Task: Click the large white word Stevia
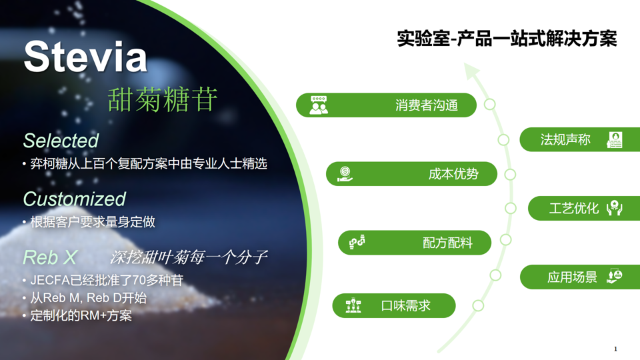pyautogui.click(x=85, y=57)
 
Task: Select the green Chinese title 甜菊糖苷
pyautogui.click(x=163, y=99)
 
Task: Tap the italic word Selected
pyautogui.click(x=61, y=141)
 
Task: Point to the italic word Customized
pyautogui.click(x=74, y=199)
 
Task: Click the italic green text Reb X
pyautogui.click(x=49, y=257)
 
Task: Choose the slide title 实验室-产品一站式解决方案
pyautogui.click(x=507, y=39)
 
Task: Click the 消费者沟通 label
pyautogui.click(x=426, y=105)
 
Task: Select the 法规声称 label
pyautogui.click(x=565, y=140)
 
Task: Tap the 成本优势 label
pyautogui.click(x=453, y=175)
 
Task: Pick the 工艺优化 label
pyautogui.click(x=573, y=209)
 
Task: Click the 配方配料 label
pyautogui.click(x=447, y=243)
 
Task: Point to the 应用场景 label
pyautogui.click(x=572, y=277)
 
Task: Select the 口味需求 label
pyautogui.click(x=405, y=306)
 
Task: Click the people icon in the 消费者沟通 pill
pyautogui.click(x=319, y=105)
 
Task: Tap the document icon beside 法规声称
pyautogui.click(x=614, y=140)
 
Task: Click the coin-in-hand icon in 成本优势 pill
pyautogui.click(x=345, y=175)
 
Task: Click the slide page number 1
pyautogui.click(x=615, y=349)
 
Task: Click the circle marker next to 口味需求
pyautogui.click(x=478, y=306)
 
